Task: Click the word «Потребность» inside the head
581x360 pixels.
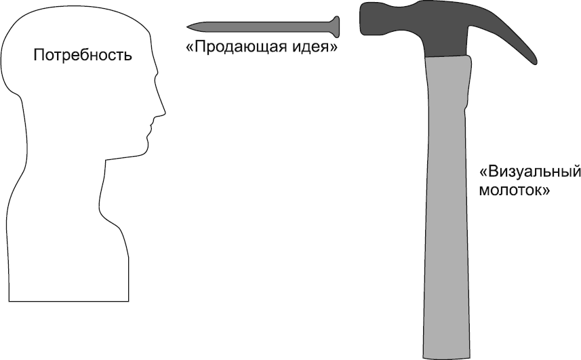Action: tap(83, 56)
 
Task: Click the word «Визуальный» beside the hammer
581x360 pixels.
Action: tap(529, 171)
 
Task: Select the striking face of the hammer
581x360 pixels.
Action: tap(361, 20)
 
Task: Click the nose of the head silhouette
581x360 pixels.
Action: tap(163, 109)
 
